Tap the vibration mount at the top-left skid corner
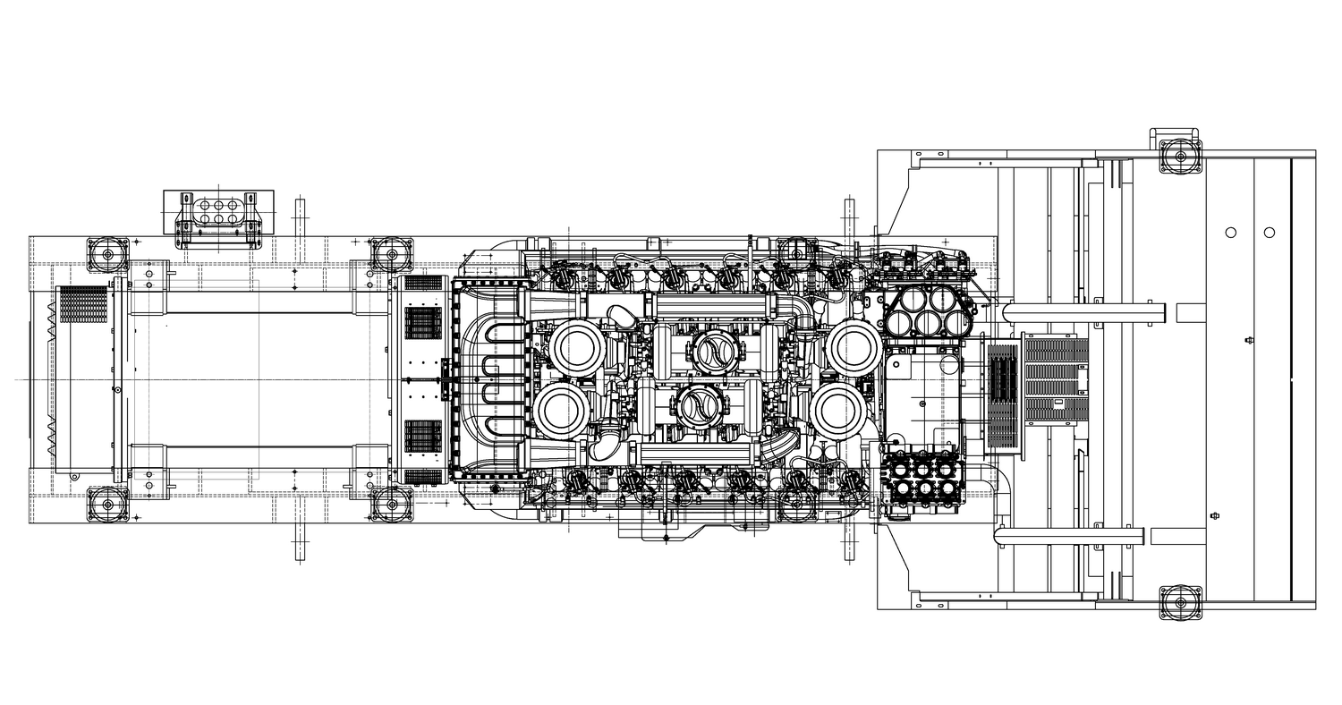pos(108,254)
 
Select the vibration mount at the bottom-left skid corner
pos(108,505)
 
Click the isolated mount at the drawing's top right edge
pos(1180,156)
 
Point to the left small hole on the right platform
pos(1231,233)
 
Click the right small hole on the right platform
pos(1269,233)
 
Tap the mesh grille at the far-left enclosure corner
pos(83,305)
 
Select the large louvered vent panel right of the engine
pos(1056,380)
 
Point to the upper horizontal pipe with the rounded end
pos(1083,313)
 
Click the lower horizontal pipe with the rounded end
pos(1069,537)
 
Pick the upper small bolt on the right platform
pos(1249,340)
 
